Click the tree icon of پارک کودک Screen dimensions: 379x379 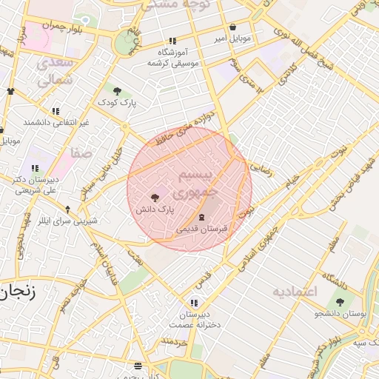pyautogui.click(x=117, y=91)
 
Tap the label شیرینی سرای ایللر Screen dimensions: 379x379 pyautogui.click(x=67, y=221)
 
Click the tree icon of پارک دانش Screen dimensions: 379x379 pyautogui.click(x=155, y=198)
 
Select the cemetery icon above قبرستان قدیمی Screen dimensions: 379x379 pyautogui.click(x=202, y=218)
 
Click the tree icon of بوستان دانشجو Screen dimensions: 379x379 pyautogui.click(x=340, y=302)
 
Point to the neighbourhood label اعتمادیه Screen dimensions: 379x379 pyautogui.click(x=294, y=291)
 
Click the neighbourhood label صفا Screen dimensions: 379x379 pyautogui.click(x=81, y=153)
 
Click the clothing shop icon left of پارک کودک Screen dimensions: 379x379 pyautogui.click(x=10, y=91)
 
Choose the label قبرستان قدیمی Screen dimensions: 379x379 pyautogui.click(x=202, y=230)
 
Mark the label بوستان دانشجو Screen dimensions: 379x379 pyautogui.click(x=341, y=315)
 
